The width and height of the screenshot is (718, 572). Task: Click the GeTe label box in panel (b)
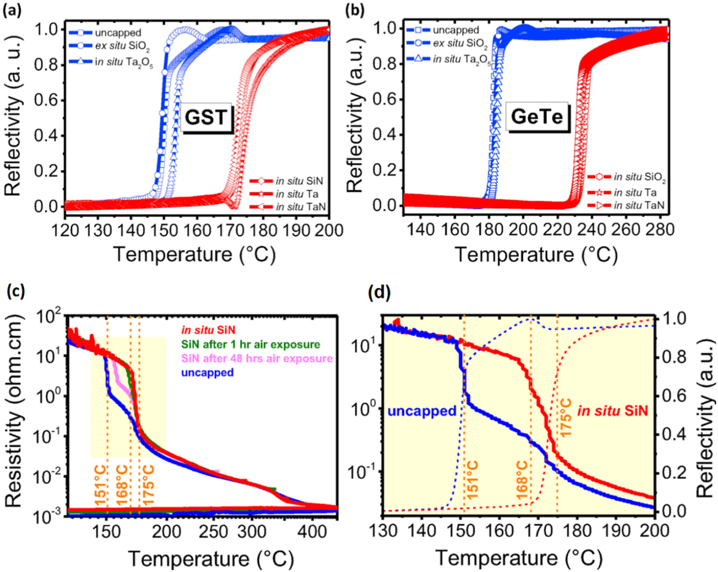coord(536,117)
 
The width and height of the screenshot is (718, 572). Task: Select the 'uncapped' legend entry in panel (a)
coord(117,33)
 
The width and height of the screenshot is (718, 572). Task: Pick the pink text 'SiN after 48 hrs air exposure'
coord(257,359)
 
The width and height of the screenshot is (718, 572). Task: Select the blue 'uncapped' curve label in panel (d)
coord(422,411)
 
